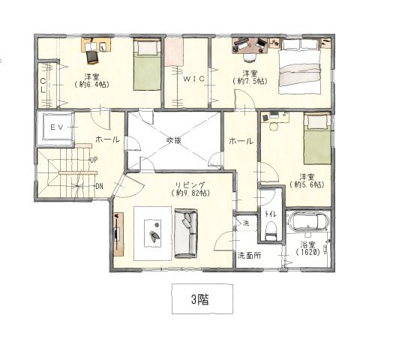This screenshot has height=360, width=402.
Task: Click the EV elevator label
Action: (56, 127)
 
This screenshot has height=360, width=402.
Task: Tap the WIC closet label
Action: (193, 79)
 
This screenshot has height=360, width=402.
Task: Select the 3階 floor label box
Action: (202, 298)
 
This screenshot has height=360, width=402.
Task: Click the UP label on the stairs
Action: (94, 160)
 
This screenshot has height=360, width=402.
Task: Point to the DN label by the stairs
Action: (99, 187)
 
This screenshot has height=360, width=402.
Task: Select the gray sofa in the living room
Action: (186, 233)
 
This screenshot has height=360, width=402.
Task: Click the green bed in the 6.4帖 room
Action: (147, 64)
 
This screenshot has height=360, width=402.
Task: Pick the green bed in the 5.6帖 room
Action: (317, 139)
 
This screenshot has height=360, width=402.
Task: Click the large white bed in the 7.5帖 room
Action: (300, 67)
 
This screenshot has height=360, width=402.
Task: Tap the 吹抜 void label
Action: (174, 140)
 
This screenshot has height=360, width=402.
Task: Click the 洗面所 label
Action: (249, 256)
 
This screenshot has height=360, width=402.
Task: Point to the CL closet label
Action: (43, 85)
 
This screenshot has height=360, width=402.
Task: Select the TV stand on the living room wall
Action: (118, 234)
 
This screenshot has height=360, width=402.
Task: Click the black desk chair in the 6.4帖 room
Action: (92, 57)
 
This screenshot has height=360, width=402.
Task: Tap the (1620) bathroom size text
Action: (307, 252)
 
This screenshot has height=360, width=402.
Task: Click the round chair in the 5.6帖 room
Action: (274, 127)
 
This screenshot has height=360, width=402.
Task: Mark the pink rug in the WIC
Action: (174, 52)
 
